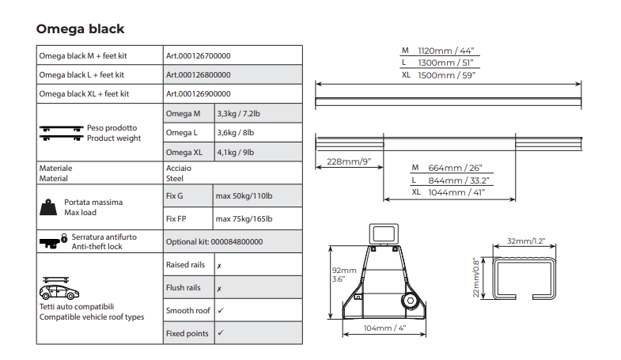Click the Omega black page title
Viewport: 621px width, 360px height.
(x=80, y=29)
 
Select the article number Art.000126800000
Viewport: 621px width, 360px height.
(x=198, y=75)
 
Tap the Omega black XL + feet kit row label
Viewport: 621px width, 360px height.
(x=84, y=94)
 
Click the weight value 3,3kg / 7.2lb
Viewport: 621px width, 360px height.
(x=238, y=114)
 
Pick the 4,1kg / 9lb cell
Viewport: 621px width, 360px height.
(x=235, y=153)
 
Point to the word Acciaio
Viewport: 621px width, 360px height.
(x=179, y=169)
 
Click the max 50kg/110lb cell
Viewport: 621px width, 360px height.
(x=244, y=196)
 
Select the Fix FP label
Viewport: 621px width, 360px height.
(x=176, y=219)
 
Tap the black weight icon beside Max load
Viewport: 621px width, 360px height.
(x=48, y=207)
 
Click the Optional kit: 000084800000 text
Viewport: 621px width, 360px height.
(x=214, y=242)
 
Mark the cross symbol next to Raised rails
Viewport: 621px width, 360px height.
(x=219, y=266)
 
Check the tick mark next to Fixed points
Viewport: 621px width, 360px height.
(x=221, y=332)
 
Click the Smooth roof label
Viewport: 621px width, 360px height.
(x=187, y=311)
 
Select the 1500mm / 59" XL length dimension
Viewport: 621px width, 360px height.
(x=447, y=75)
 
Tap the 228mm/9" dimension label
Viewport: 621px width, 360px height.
(x=349, y=161)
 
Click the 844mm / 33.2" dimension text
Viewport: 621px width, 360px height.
(x=459, y=180)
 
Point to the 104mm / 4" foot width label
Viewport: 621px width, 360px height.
(x=384, y=328)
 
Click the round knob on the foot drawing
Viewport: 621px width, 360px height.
(x=411, y=301)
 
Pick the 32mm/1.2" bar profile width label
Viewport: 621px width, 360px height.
(x=526, y=241)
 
